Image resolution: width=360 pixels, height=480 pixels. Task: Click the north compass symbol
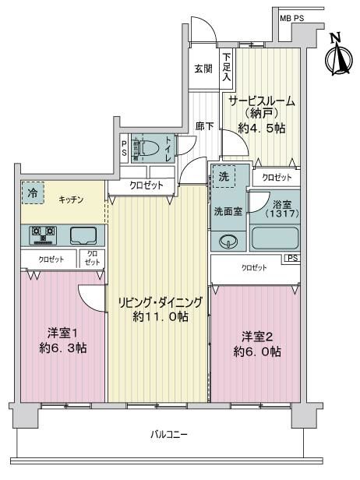point(338,55)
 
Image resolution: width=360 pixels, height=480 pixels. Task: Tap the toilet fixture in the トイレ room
point(145,148)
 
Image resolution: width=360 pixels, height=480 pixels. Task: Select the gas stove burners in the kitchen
point(43,235)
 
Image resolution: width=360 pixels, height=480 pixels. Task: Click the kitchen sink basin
point(83,235)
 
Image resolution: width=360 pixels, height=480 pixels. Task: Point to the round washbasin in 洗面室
point(228,242)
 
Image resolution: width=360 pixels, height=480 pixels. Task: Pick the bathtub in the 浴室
point(274,238)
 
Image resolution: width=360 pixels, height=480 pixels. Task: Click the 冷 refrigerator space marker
point(33,193)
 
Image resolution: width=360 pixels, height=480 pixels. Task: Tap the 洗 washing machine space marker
point(224,176)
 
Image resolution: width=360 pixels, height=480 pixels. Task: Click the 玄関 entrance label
point(203,69)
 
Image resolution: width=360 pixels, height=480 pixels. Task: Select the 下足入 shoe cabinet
point(227,69)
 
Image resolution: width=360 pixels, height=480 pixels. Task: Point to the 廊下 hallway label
point(204,125)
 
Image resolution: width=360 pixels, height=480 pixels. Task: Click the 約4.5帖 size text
point(262,128)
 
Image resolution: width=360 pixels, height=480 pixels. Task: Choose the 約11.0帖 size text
point(161,316)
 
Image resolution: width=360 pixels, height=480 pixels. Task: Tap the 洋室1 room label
point(62,333)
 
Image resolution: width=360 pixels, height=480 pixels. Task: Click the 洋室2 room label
point(257,337)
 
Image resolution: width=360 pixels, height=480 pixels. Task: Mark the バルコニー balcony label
point(168,434)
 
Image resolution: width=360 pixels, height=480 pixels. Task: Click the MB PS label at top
point(291,19)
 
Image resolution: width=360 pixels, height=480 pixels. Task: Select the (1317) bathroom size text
point(282,213)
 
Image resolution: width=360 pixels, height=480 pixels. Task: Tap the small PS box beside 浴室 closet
point(292,258)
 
